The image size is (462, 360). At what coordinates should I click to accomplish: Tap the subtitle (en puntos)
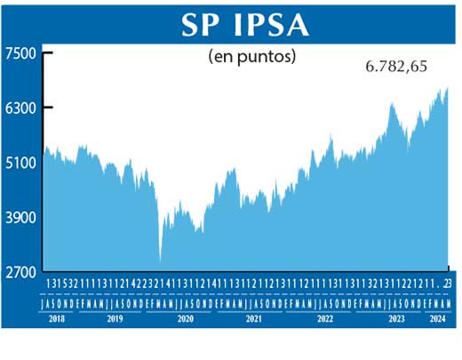point(252,56)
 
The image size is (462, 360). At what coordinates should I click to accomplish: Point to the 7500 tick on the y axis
point(19,53)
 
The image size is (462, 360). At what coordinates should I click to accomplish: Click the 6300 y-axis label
point(19,108)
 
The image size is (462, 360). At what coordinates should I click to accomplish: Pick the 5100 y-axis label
point(19,164)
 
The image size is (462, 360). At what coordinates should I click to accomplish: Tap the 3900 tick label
point(19,219)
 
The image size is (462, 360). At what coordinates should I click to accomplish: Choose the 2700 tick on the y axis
point(19,273)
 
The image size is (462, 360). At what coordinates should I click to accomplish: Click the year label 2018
point(57,317)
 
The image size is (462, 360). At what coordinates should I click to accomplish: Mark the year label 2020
point(185,317)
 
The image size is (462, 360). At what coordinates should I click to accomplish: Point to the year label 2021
point(254,317)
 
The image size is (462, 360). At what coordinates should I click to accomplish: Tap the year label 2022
point(323,317)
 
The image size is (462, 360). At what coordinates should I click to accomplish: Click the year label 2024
point(438,317)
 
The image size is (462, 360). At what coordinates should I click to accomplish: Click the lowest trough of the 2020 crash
point(160,261)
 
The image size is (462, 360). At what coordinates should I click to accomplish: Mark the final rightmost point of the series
point(448,87)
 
